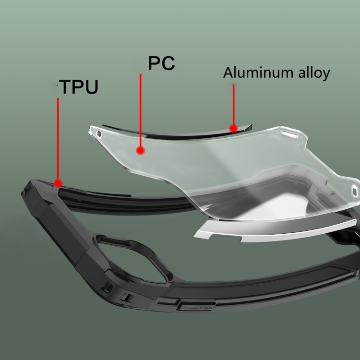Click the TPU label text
point(79,86)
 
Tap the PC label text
point(162,63)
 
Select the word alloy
point(314,73)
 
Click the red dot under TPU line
point(58,183)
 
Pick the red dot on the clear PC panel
point(140,150)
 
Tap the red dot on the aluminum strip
point(233,128)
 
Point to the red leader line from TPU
point(58,139)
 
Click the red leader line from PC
point(141,110)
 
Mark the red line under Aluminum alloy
point(233,105)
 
